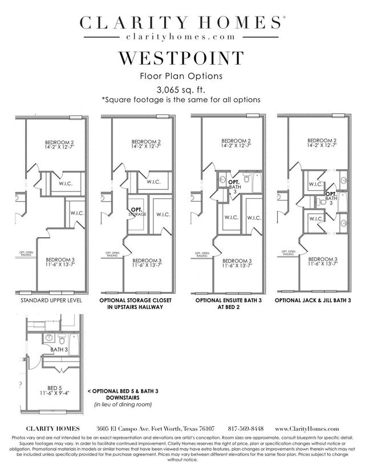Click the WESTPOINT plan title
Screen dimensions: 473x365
click(181, 59)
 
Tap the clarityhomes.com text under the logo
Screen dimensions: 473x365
click(181, 36)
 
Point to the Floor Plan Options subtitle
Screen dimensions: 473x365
click(181, 75)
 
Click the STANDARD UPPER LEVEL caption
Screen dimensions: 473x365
click(51, 300)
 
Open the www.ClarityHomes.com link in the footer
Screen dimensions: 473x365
click(307, 428)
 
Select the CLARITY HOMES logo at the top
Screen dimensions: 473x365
click(181, 23)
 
